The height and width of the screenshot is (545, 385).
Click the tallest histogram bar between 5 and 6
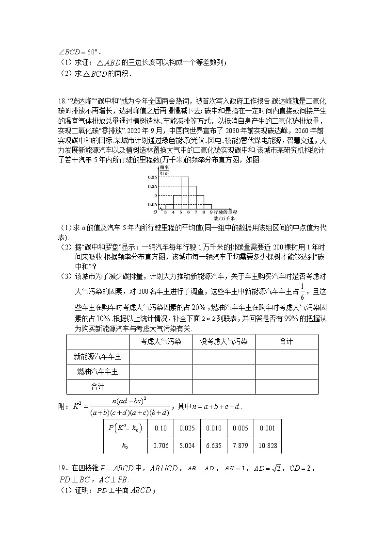pos(185,193)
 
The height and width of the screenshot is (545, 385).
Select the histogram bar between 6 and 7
pos(192,197)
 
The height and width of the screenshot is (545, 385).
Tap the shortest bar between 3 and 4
pos(169,206)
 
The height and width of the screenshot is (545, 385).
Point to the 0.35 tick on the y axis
pos(152,178)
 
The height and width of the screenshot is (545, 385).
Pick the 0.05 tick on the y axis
pos(152,204)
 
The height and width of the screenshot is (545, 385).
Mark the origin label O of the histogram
pos(155,212)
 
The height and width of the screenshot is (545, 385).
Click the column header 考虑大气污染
pos(160,342)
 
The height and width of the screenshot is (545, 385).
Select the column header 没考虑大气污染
pos(224,342)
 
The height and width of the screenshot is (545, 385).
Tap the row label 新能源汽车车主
pos(98,357)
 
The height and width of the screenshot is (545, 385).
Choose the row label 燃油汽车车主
pos(98,371)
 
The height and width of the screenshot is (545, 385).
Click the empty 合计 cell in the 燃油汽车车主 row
pos(286,371)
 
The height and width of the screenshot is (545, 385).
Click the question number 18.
pos(62,101)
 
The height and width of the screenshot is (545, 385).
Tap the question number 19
pos(62,468)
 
